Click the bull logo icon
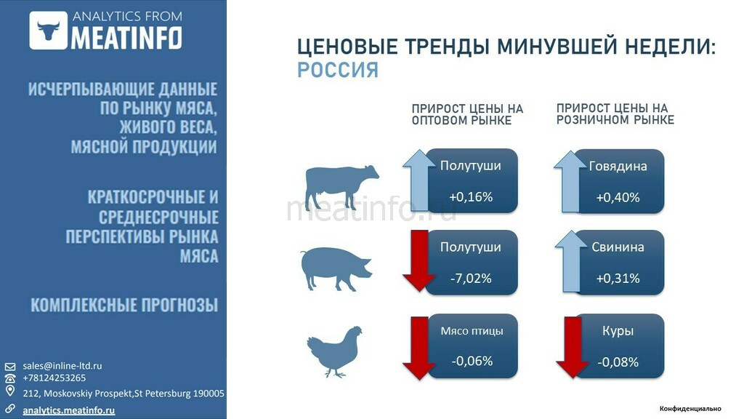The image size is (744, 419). (x=49, y=31)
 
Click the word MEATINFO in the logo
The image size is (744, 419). (x=126, y=38)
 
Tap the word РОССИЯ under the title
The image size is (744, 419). (x=338, y=71)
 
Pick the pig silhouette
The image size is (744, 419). (x=336, y=268)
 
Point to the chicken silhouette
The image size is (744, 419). (x=334, y=351)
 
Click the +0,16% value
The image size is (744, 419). (x=471, y=196)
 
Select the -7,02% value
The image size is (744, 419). (x=471, y=278)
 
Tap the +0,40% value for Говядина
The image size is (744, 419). (x=618, y=197)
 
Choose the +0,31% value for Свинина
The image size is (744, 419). (x=618, y=278)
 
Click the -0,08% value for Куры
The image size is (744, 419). (x=618, y=362)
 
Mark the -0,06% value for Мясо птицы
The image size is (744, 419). (x=472, y=361)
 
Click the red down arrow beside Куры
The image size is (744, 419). (x=573, y=347)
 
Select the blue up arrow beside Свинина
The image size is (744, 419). (x=571, y=261)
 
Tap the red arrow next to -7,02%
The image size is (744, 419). (x=419, y=261)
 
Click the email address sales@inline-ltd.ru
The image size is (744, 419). (x=62, y=366)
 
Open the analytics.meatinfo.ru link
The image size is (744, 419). (x=69, y=410)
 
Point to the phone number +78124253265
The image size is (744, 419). (x=54, y=378)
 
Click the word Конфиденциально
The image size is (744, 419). (x=690, y=409)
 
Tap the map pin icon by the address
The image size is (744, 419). (x=10, y=391)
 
